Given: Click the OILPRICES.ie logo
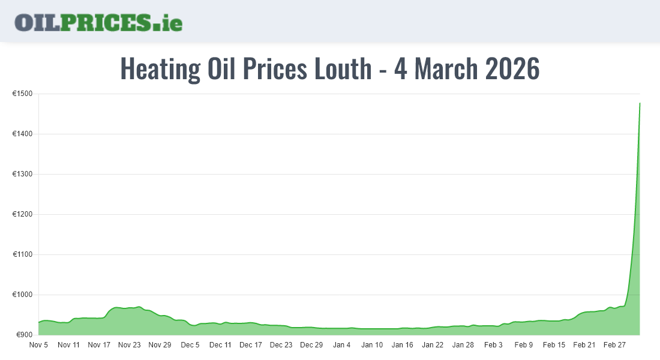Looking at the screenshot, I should pos(98,22).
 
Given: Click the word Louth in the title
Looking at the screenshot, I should pos(340,69).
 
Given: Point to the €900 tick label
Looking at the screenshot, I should pos(24,335).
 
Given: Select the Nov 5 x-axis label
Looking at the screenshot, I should pos(38,345).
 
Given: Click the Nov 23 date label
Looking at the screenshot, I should pos(129,345).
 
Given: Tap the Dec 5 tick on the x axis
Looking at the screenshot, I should pos(190,345).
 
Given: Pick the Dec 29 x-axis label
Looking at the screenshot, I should pos(311,345).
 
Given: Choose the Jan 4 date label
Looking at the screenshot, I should pos(342,345).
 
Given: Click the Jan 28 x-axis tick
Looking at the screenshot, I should pos(463,345).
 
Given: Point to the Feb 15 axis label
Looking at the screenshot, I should pos(554,345).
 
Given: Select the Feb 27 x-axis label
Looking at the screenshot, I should pos(614,345).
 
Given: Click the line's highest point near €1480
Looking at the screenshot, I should pos(640,103).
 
